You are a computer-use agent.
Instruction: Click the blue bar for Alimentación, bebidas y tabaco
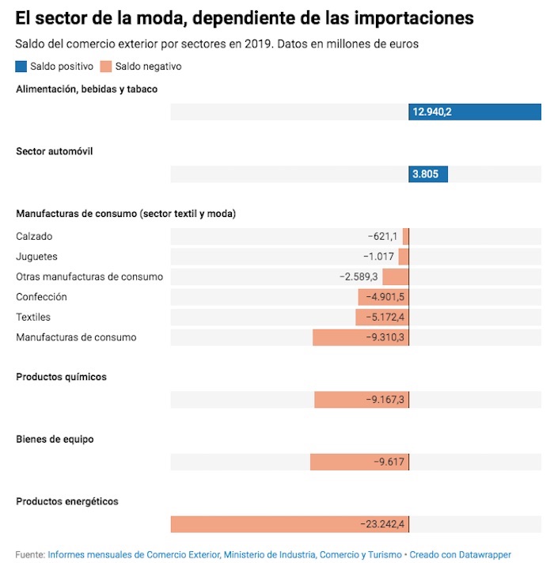pos(475,112)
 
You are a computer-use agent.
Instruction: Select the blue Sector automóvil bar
pos(428,174)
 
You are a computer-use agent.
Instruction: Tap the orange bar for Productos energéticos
pos(290,524)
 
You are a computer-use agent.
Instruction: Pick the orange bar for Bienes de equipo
pos(359,462)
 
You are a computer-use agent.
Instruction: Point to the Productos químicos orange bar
pos(362,400)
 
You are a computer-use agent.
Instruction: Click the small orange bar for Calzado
pos(405,236)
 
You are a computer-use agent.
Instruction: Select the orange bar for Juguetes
pos(404,257)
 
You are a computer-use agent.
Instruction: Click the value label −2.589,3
pos(359,277)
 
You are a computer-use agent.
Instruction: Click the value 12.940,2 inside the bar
pos(432,112)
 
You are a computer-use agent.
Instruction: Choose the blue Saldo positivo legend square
pos(21,67)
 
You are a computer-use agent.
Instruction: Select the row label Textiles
pos(33,318)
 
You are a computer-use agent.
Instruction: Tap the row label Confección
pos(41,297)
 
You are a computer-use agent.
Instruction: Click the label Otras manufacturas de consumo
pos(89,276)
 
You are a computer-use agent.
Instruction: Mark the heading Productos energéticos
pos(67,501)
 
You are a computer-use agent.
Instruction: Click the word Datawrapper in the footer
pos(484,555)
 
